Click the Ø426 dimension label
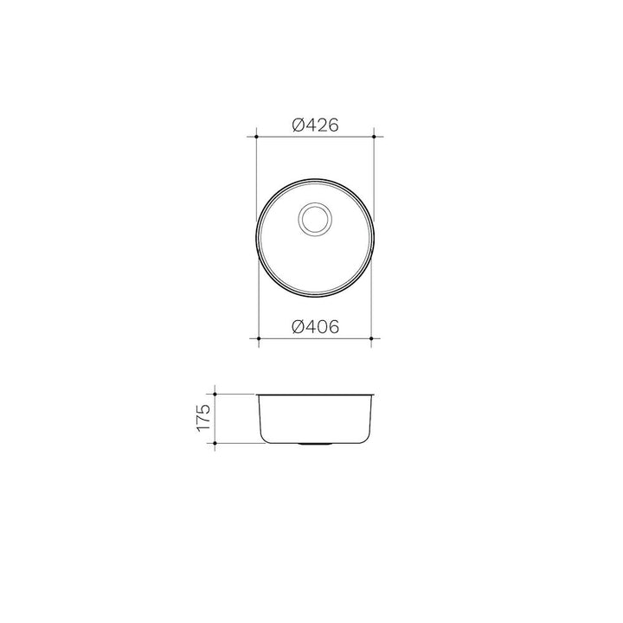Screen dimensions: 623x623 coord(316,125)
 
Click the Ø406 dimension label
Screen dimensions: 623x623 coord(316,327)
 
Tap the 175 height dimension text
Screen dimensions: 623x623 coord(202,418)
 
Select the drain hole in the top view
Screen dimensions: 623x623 coord(315,219)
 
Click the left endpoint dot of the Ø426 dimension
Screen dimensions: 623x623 coord(257,137)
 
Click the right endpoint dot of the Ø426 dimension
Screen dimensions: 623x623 coord(374,137)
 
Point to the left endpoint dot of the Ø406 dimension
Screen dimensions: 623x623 coord(259,338)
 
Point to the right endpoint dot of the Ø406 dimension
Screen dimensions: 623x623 coord(371,338)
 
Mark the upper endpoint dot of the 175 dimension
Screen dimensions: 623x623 coord(215,395)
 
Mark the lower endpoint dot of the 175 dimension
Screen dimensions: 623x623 coord(215,443)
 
